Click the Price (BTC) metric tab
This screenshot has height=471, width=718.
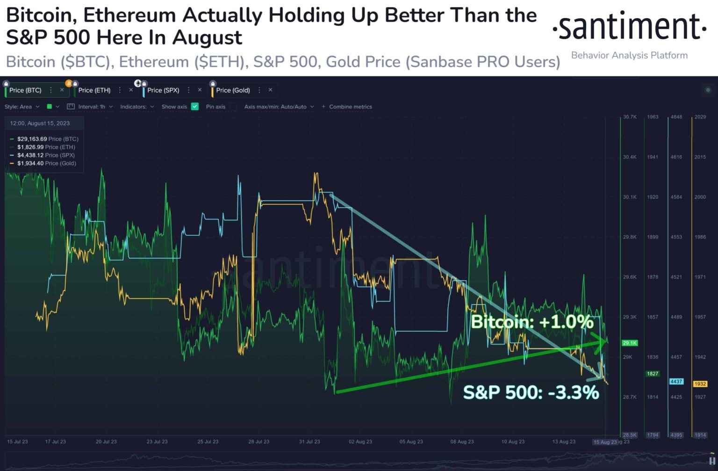point(25,90)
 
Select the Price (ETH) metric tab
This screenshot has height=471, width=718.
point(94,90)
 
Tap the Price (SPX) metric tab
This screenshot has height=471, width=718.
point(163,90)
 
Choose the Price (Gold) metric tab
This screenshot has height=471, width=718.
point(233,90)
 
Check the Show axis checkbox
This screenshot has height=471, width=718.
point(195,107)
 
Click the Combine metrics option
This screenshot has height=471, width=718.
point(350,107)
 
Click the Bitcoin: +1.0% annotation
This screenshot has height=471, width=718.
point(532,322)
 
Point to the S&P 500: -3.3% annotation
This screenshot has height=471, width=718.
point(531,392)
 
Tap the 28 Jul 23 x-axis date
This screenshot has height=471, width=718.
point(258,442)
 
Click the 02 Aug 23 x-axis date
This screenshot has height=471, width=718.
point(360,442)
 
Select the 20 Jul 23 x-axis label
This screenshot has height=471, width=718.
point(106,442)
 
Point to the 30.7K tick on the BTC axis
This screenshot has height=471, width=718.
point(630,117)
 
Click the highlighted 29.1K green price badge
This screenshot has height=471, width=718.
point(630,343)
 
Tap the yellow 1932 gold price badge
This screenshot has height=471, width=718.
point(700,384)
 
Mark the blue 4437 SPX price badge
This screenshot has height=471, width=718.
point(676,382)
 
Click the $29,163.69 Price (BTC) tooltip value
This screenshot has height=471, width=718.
point(32,139)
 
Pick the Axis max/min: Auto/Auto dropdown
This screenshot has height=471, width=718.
point(279,107)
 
